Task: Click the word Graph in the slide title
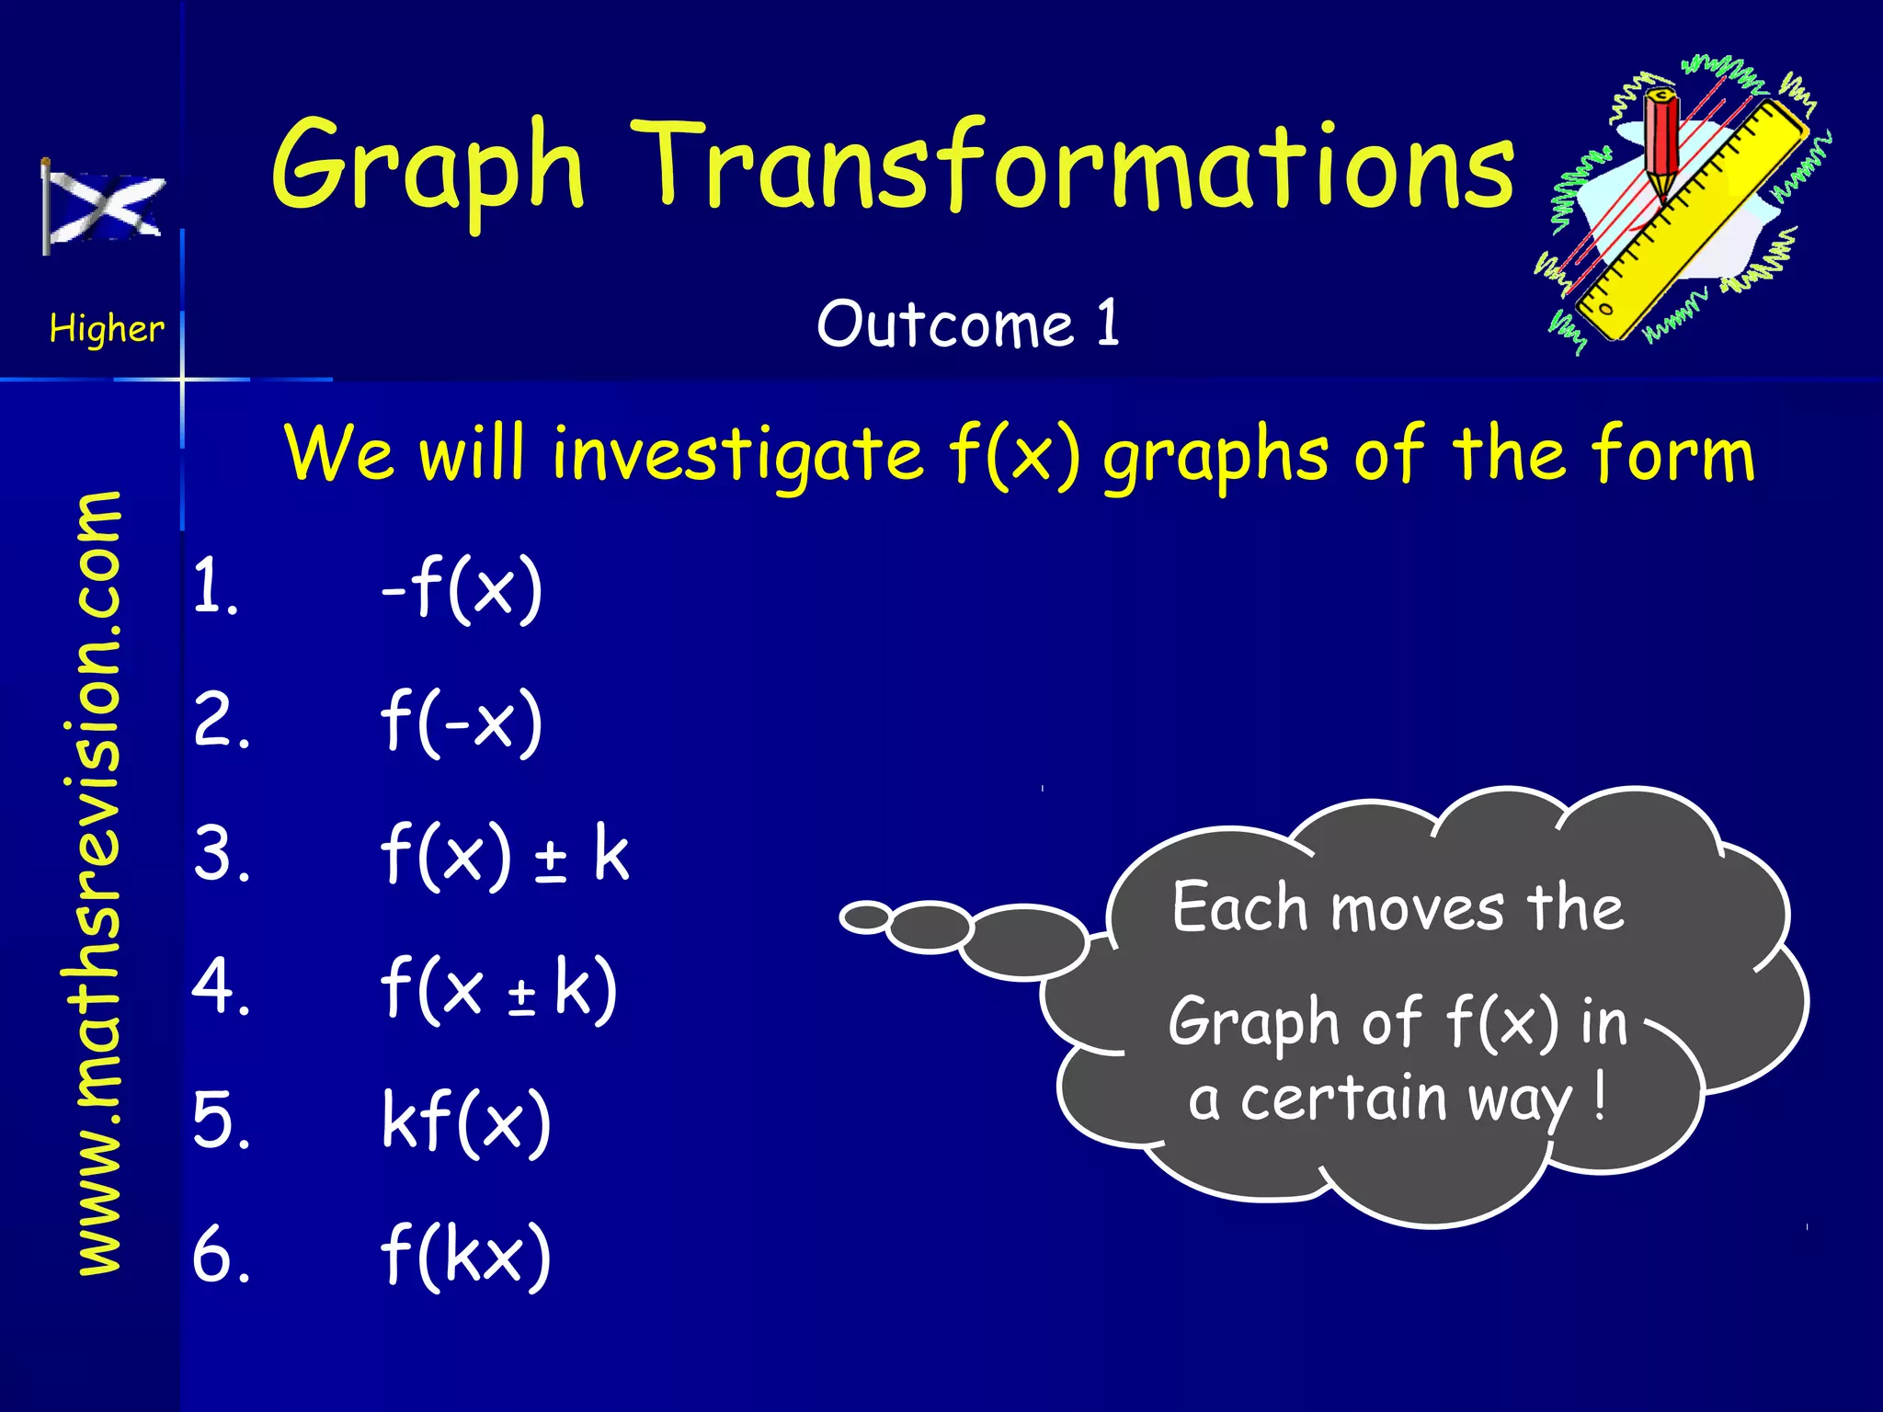pyautogui.click(x=428, y=170)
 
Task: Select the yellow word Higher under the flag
pyautogui.click(x=107, y=328)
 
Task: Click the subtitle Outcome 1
pyautogui.click(x=968, y=324)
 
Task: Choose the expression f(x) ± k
pyautogui.click(x=504, y=855)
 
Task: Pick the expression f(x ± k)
pyautogui.click(x=497, y=988)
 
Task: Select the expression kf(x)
pyautogui.click(x=465, y=1122)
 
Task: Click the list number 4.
pyautogui.click(x=220, y=986)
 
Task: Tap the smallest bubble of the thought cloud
pyautogui.click(x=865, y=917)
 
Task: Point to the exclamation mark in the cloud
pyautogui.click(x=1601, y=1096)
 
